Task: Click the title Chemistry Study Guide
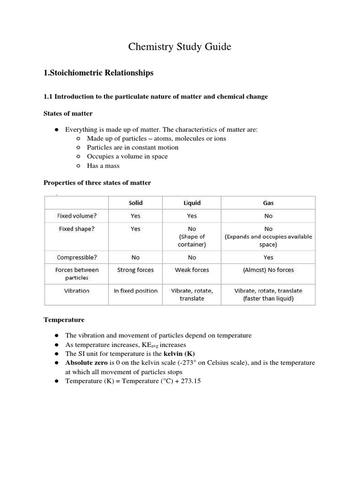point(180,47)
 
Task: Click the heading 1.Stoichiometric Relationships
point(98,73)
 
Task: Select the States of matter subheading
point(68,113)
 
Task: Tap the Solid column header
point(135,203)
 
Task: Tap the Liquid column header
point(192,203)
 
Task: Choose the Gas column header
point(268,203)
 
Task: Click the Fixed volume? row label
point(76,216)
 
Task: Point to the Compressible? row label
point(76,257)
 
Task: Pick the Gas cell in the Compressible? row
point(268,257)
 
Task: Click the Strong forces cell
point(135,270)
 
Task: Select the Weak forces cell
point(192,270)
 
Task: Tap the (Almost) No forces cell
point(268,270)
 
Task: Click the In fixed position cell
point(135,291)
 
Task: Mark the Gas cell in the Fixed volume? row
point(268,216)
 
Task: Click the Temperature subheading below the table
point(64,320)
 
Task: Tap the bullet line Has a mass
point(103,165)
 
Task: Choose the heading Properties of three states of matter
point(97,182)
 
